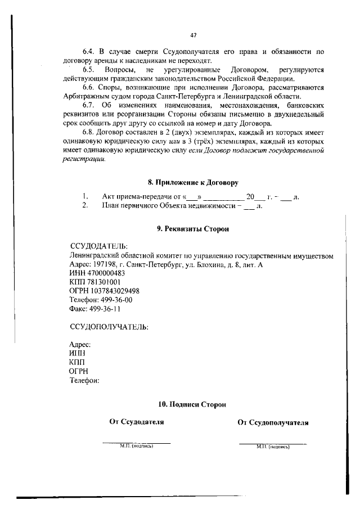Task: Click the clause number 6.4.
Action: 89,52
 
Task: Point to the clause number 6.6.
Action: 89,88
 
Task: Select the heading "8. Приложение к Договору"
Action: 193,183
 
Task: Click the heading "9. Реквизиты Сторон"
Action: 193,229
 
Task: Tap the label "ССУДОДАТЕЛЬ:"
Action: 98,246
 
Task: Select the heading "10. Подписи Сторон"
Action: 192,404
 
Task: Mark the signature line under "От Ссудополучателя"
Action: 273,444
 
